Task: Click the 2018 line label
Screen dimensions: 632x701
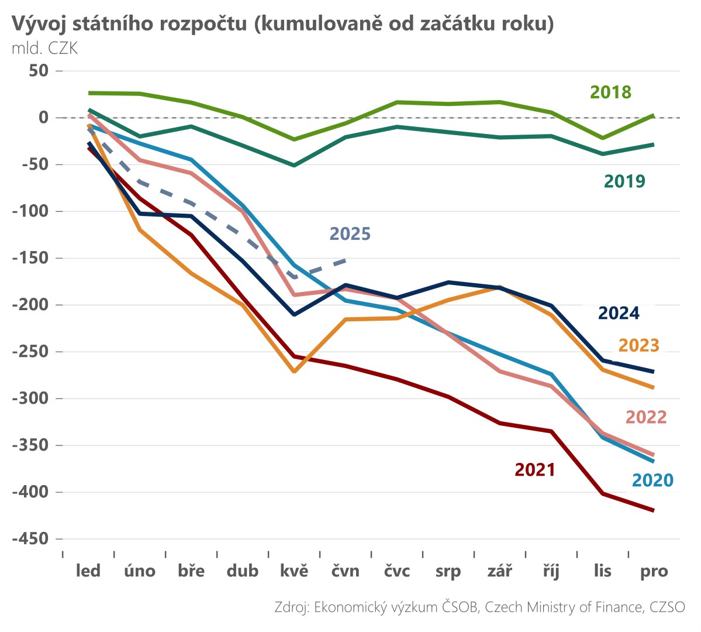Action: [x=610, y=92]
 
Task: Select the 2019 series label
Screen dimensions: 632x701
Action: [x=624, y=181]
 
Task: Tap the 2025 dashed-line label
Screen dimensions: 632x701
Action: [x=350, y=234]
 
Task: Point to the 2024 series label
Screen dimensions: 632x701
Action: [x=618, y=314]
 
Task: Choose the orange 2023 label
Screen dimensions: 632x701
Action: [x=638, y=346]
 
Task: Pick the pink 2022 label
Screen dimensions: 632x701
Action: [x=645, y=417]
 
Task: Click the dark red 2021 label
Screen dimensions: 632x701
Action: [x=534, y=470]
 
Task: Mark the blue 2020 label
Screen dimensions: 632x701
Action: [x=652, y=480]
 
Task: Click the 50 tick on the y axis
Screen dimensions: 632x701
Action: [x=36, y=71]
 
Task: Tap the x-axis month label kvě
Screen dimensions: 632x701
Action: [x=294, y=571]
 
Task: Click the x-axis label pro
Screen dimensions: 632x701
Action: [x=654, y=571]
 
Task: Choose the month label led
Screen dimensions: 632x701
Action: [x=88, y=571]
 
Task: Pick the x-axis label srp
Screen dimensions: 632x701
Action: [x=448, y=571]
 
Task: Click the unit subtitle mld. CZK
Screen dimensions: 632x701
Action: [x=44, y=48]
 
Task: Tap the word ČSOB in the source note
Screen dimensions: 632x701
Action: [x=460, y=607]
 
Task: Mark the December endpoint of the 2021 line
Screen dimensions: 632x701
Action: [x=653, y=510]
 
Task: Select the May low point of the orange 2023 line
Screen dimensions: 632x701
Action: [x=294, y=372]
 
